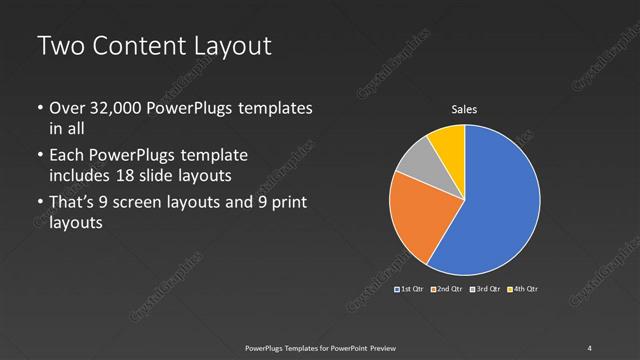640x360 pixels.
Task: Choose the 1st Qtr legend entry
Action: click(x=410, y=289)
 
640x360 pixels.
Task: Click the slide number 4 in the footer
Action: click(x=590, y=347)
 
